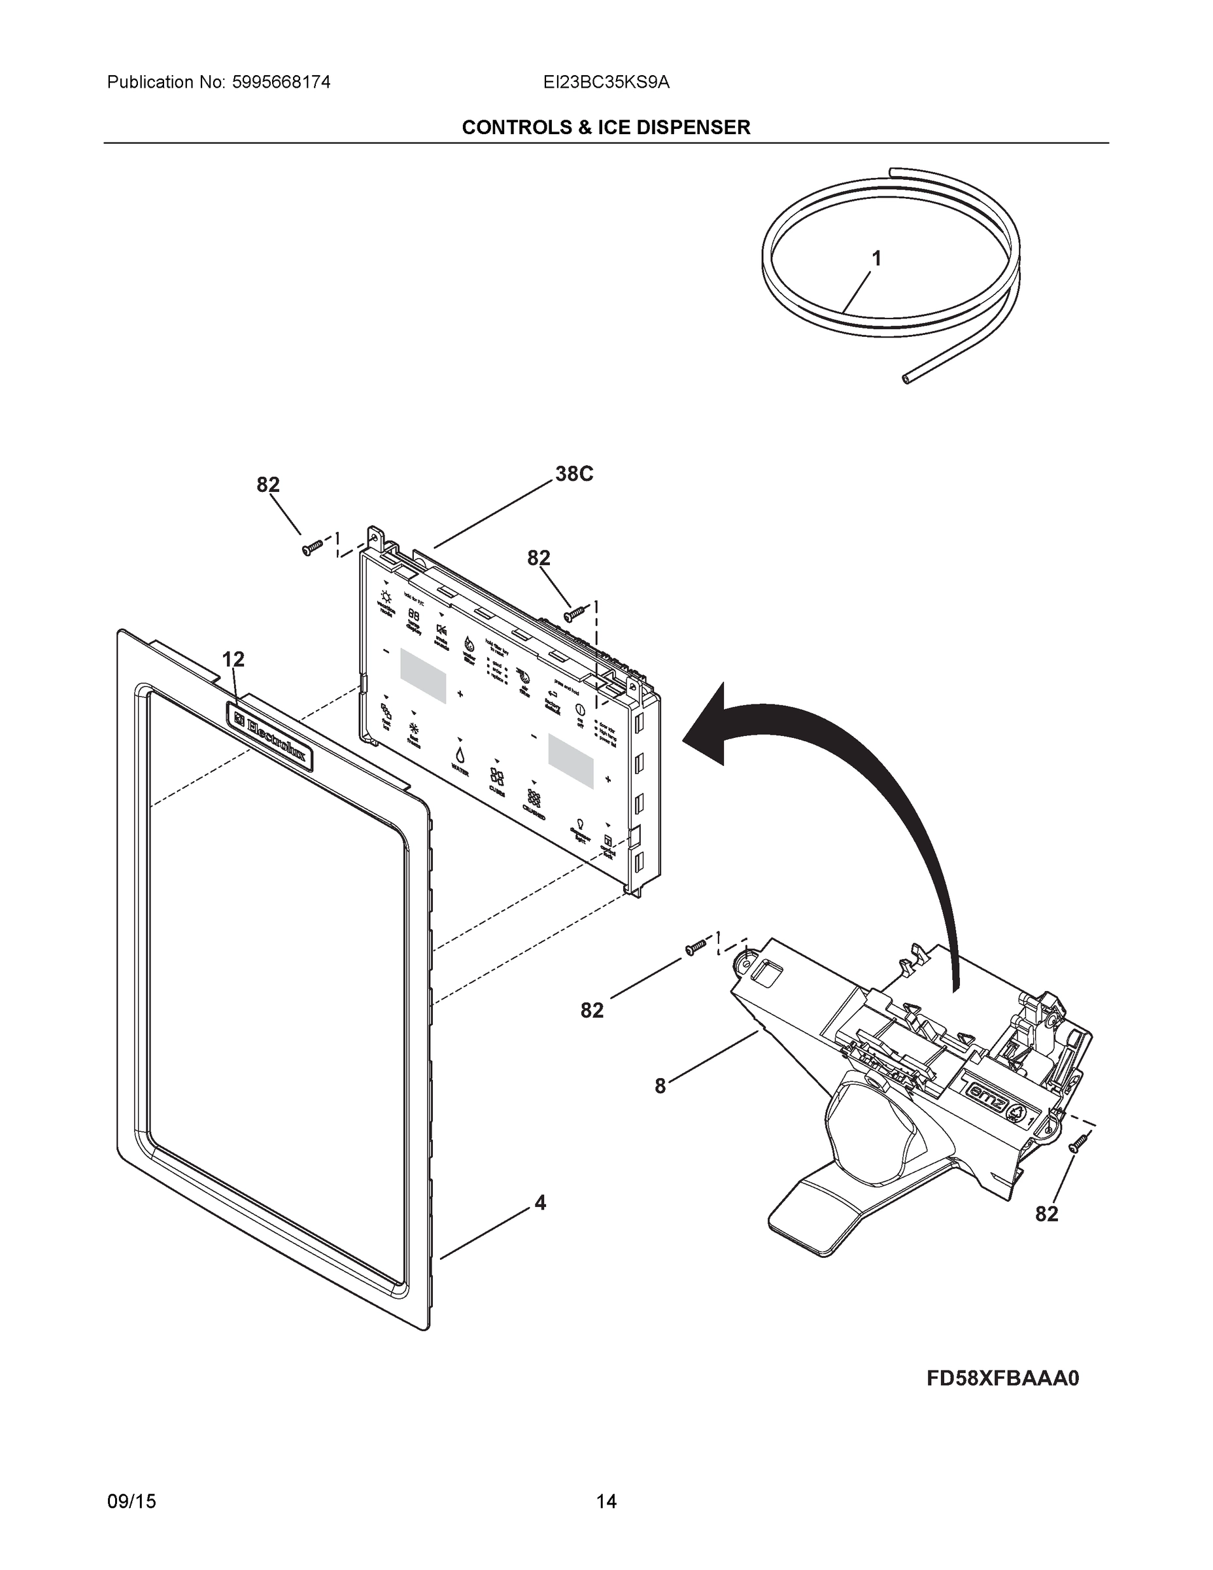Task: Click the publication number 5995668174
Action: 281,82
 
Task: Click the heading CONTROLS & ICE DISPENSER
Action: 606,128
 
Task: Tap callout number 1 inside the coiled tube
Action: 876,258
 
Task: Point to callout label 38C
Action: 574,474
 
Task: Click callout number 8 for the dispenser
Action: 660,1086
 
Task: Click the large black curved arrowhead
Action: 708,727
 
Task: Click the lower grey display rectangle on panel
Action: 572,759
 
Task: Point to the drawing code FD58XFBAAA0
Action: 1002,1378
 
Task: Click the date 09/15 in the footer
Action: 131,1502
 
